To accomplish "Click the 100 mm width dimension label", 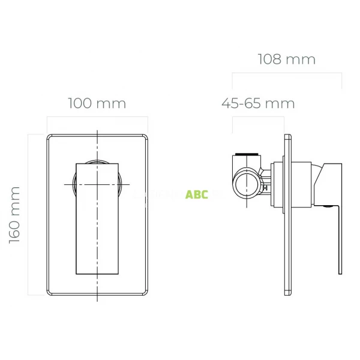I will pos(97,103).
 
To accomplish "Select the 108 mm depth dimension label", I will pos(286,59).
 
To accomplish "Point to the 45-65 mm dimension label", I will pos(258,103).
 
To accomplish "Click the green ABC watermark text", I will pos(197,195).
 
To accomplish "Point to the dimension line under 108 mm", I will pos(287,74).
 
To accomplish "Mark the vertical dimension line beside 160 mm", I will pos(28,214).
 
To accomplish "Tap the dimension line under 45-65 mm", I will pos(258,117).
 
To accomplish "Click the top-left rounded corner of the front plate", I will pos(50,137).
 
